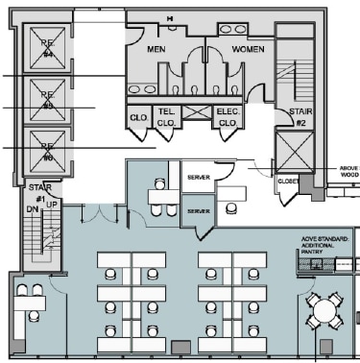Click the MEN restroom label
pyautogui.click(x=157, y=48)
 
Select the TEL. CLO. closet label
pyautogui.click(x=166, y=118)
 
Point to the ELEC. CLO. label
pyautogui.click(x=228, y=118)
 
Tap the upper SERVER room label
pyautogui.click(x=199, y=179)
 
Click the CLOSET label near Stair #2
pyautogui.click(x=291, y=180)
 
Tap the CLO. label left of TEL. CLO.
pyautogui.click(x=137, y=119)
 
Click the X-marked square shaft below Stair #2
pyautogui.click(x=294, y=152)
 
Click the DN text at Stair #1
pyautogui.click(x=31, y=206)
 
